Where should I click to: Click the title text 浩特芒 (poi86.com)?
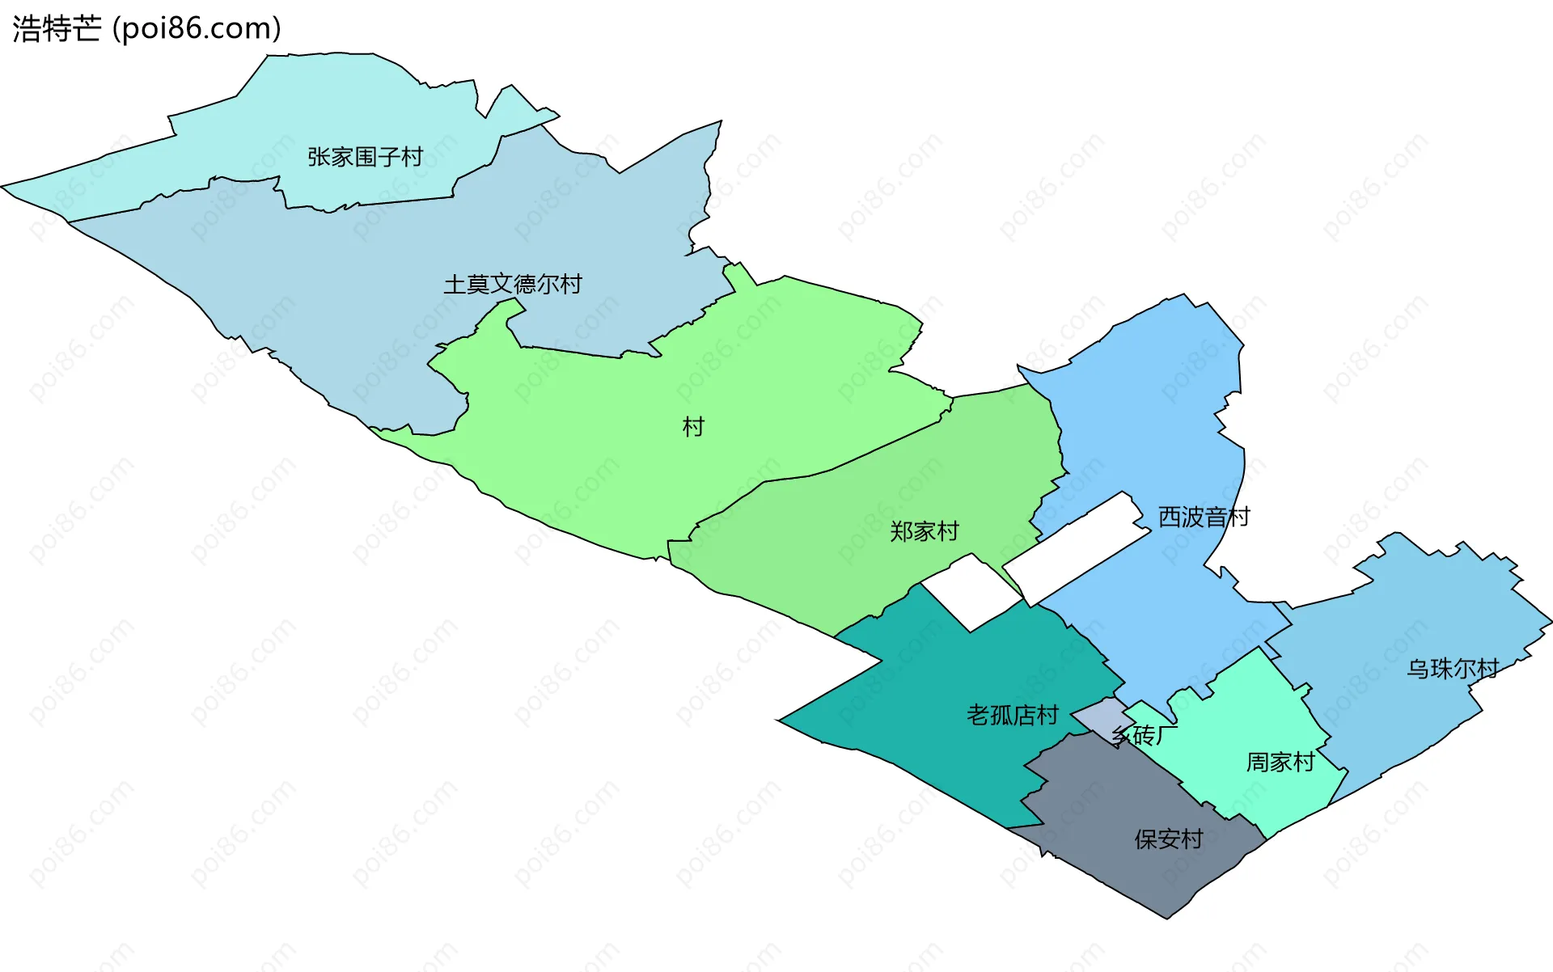pyautogui.click(x=146, y=28)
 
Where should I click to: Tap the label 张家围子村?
pyautogui.click(x=365, y=156)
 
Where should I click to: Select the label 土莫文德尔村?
pyautogui.click(x=513, y=284)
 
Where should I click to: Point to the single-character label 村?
pyautogui.click(x=693, y=426)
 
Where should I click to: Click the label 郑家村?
pyautogui.click(x=924, y=531)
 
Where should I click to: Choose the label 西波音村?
pyautogui.click(x=1204, y=517)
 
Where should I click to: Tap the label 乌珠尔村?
pyautogui.click(x=1453, y=669)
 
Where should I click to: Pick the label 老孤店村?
pyautogui.click(x=1012, y=715)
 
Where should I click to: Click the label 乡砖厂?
pyautogui.click(x=1144, y=735)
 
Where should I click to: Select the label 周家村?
pyautogui.click(x=1280, y=762)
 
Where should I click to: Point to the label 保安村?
pyautogui.click(x=1168, y=839)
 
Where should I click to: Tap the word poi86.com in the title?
pyautogui.click(x=198, y=28)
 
